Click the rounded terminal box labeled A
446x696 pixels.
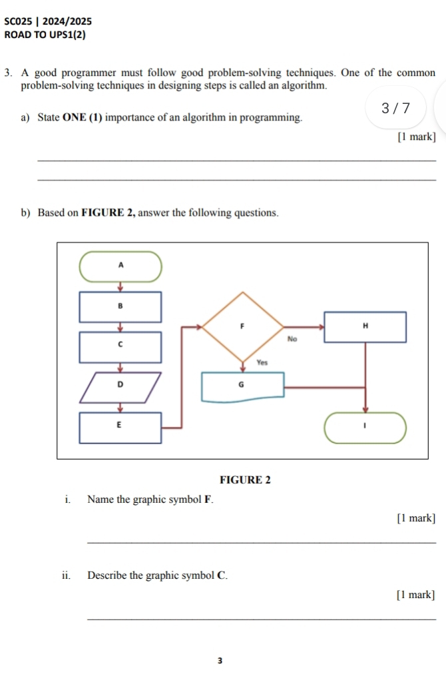click(x=120, y=266)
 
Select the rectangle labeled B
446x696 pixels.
click(x=120, y=307)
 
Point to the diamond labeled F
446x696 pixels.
click(x=243, y=326)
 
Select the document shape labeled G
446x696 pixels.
click(x=243, y=386)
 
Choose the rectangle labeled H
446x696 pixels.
click(x=365, y=326)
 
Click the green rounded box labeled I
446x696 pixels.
click(x=365, y=428)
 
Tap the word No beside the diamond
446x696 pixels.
click(x=292, y=338)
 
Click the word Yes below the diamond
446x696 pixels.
click(x=262, y=363)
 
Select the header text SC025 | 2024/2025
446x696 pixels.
click(x=48, y=21)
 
